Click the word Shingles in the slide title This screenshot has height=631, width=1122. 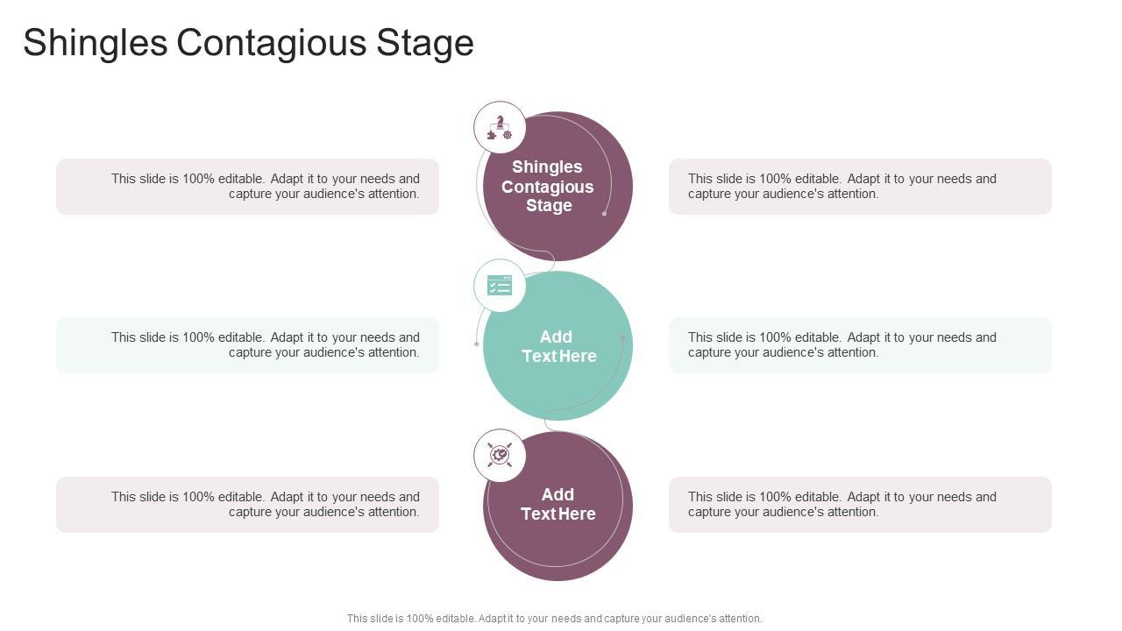click(95, 43)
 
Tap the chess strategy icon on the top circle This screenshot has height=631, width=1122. click(500, 127)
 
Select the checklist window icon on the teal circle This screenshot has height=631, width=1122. click(500, 286)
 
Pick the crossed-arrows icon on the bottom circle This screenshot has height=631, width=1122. click(500, 455)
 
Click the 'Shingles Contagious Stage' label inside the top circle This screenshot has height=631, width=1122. click(548, 186)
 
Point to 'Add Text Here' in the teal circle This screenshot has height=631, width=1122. click(558, 346)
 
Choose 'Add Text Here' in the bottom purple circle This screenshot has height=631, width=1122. click(558, 504)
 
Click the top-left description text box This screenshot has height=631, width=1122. click(247, 187)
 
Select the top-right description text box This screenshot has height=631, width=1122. click(860, 187)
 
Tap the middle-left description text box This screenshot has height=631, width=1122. click(247, 345)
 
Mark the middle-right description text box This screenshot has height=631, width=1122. click(860, 345)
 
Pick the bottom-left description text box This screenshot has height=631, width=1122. click(247, 505)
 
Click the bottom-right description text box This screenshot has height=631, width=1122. click(860, 505)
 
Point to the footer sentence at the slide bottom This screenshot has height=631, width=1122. click(554, 618)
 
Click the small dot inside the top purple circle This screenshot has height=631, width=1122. click(604, 214)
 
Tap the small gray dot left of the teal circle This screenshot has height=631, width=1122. click(477, 344)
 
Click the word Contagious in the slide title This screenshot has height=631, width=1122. click(272, 43)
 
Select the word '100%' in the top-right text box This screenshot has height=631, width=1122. click(775, 179)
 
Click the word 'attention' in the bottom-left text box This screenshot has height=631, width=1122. click(392, 512)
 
